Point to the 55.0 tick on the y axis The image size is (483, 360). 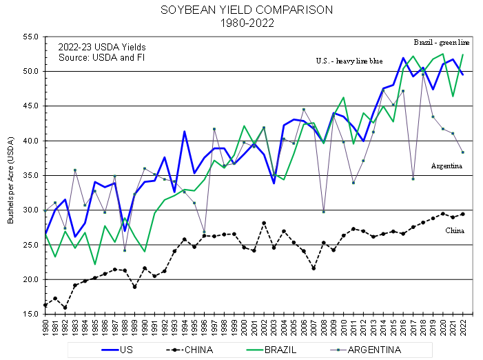coord(30,37)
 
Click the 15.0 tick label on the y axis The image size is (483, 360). coord(30,314)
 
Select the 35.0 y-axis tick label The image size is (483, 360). coord(30,175)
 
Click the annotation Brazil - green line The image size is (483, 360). coord(442,40)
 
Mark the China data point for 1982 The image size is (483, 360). coord(65,308)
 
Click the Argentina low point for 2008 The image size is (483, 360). coord(323,211)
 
